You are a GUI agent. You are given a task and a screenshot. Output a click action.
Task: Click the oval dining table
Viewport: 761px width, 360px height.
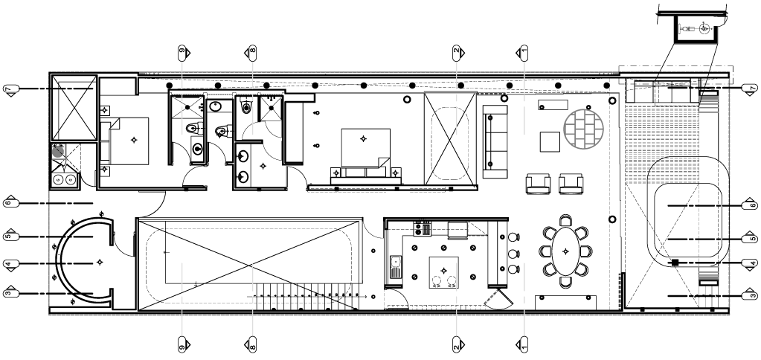565,251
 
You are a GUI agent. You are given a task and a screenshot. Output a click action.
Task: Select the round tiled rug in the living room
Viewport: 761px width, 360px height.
583,129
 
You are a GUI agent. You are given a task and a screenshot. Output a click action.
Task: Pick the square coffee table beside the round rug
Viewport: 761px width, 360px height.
550,141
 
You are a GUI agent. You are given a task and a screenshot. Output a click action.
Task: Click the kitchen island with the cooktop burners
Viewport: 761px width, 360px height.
443,273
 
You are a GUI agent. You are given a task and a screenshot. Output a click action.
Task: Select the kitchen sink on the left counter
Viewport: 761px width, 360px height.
396,267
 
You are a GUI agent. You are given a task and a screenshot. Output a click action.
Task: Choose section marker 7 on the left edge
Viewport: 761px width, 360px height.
10,90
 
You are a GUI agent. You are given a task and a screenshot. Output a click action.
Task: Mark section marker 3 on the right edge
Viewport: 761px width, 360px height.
751,295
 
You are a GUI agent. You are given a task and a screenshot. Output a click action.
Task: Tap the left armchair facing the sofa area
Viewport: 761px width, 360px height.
539,184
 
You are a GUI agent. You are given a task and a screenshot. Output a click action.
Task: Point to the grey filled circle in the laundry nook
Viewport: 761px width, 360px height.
58,151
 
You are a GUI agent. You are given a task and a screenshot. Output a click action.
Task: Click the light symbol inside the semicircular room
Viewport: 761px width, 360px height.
100,262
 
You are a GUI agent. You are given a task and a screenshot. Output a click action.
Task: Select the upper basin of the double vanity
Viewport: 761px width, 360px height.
244,156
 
